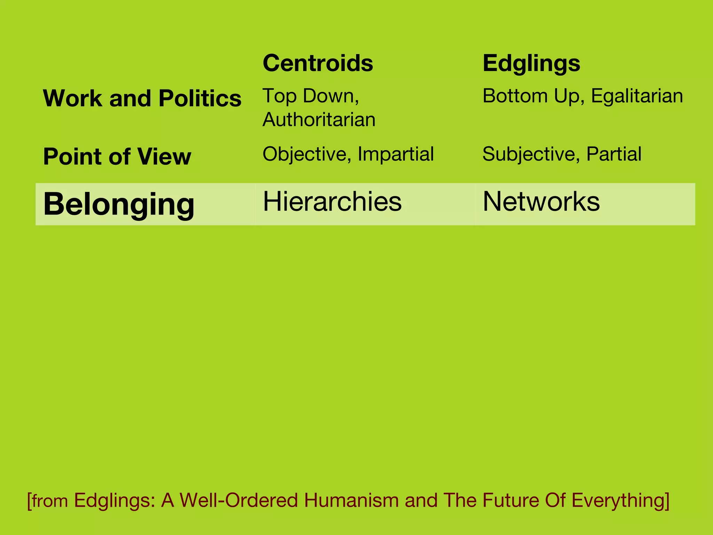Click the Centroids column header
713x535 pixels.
pyautogui.click(x=318, y=63)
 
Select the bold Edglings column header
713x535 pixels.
pyautogui.click(x=531, y=63)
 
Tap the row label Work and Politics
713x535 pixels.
pyautogui.click(x=142, y=98)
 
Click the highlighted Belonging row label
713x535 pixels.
pyautogui.click(x=119, y=204)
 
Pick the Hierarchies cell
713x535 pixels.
pyautogui.click(x=332, y=202)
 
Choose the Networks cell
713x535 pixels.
pyautogui.click(x=541, y=202)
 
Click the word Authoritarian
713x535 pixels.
pyautogui.click(x=319, y=119)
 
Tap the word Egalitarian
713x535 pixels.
pyautogui.click(x=637, y=96)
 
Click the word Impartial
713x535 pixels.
pyautogui.click(x=395, y=154)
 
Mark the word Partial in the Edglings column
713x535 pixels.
pyautogui.click(x=614, y=154)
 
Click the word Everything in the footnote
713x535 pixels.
pyautogui.click(x=620, y=500)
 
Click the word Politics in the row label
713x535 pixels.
pyautogui.click(x=200, y=98)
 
